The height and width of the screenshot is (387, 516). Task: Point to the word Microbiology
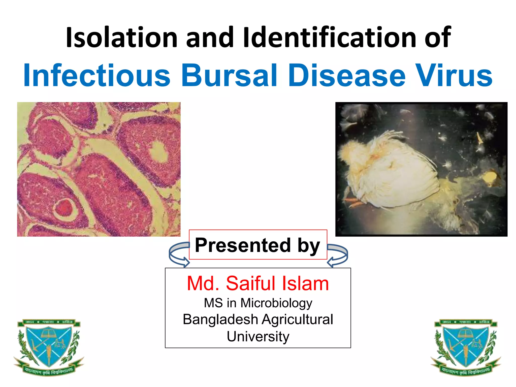pyautogui.click(x=276, y=303)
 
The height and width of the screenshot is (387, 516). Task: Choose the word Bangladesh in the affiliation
pyautogui.click(x=220, y=319)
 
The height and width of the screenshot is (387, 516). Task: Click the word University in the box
pyautogui.click(x=258, y=336)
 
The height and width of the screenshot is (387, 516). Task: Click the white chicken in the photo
pyautogui.click(x=393, y=171)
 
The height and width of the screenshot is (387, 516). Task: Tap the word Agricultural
pyautogui.click(x=297, y=319)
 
